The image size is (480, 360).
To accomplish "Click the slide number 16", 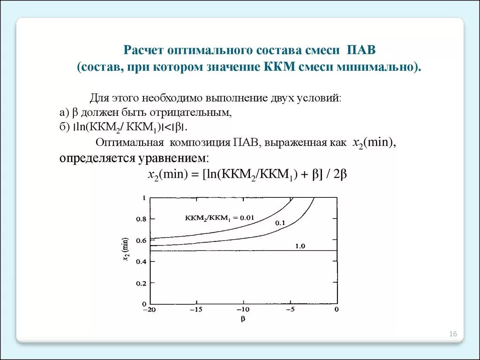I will [x=453, y=334].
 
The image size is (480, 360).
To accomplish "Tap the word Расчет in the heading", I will [x=139, y=50].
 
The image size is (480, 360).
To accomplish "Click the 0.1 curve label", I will [x=280, y=223].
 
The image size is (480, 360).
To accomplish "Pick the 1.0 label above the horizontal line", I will [x=300, y=246].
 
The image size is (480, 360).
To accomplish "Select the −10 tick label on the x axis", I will [x=243, y=309].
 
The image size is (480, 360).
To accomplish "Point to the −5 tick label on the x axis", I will [x=291, y=309].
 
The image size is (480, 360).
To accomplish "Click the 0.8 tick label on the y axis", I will [x=141, y=219].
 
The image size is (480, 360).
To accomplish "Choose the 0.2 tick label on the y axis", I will [x=141, y=283].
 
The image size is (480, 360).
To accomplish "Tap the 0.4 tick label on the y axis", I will [x=141, y=262].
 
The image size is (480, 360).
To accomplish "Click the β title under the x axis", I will [x=243, y=319].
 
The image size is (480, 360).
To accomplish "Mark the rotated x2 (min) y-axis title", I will [x=126, y=250].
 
